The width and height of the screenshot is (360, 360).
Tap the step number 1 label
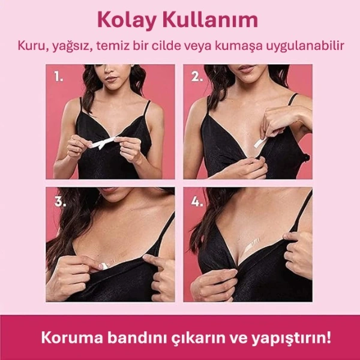pyautogui.click(x=59, y=77)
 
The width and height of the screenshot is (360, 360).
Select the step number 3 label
pyautogui.click(x=59, y=201)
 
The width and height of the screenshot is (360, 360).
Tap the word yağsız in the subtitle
pyautogui.click(x=69, y=46)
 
